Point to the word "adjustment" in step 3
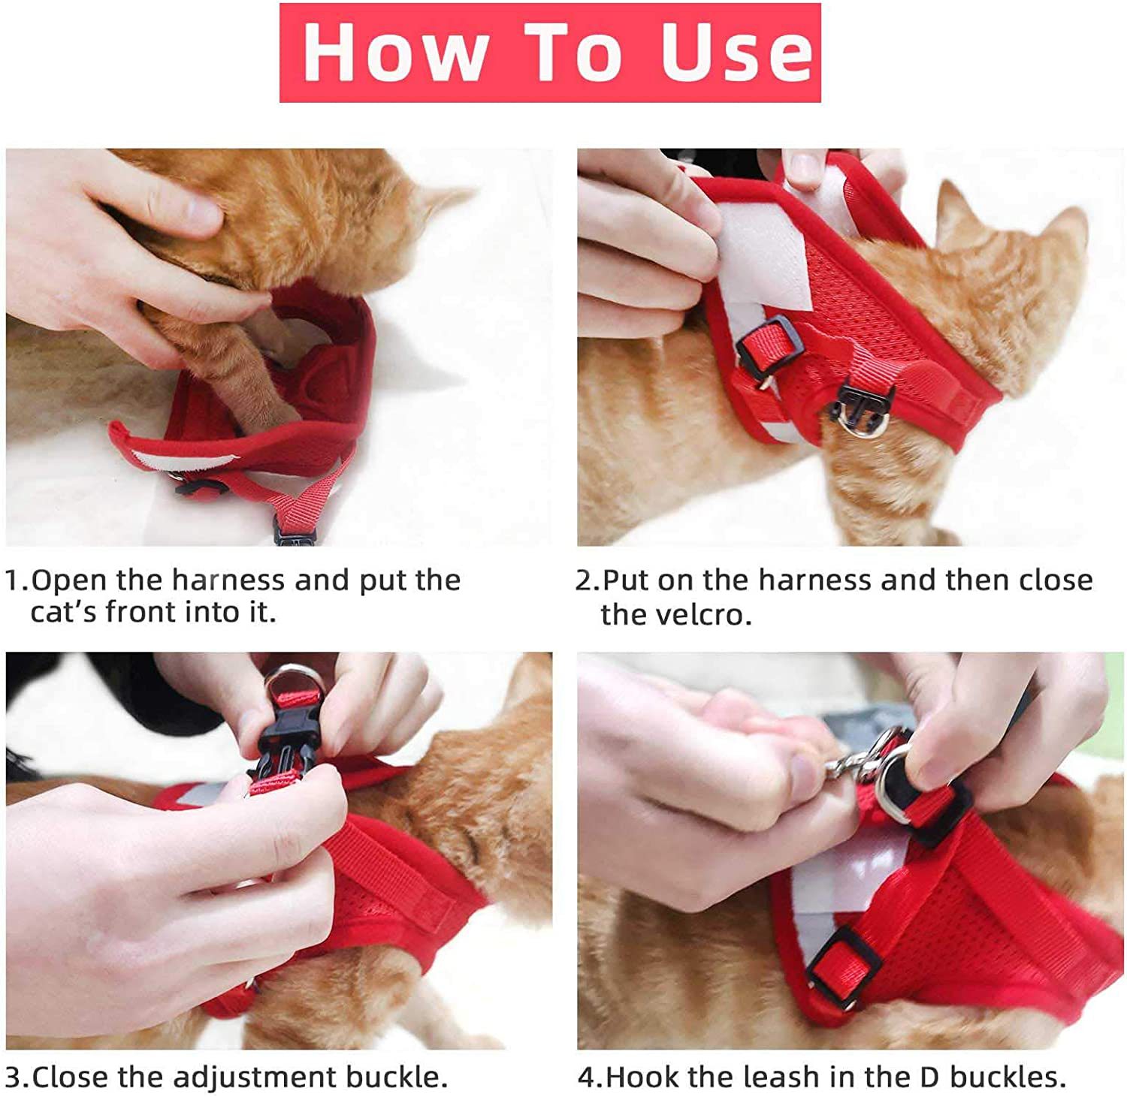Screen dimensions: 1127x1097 point(255,1077)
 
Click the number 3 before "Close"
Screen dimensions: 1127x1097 point(15,1077)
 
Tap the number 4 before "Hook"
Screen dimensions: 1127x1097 point(587,1077)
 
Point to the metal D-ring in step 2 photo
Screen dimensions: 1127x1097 point(857,425)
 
